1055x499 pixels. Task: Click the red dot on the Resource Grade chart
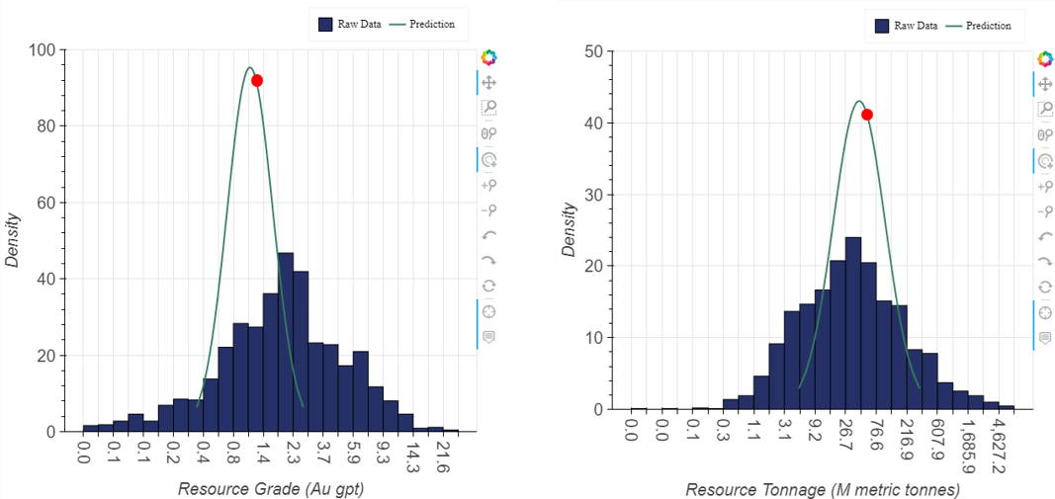click(x=257, y=81)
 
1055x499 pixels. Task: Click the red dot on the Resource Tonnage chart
click(x=867, y=115)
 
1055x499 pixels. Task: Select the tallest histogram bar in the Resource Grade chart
click(x=286, y=342)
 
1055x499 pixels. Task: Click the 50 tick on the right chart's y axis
click(x=595, y=51)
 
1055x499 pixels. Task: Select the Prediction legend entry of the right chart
click(x=985, y=26)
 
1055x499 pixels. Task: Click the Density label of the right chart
click(x=569, y=229)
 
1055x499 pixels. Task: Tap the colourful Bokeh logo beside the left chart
click(x=488, y=59)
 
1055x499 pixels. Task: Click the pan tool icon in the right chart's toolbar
click(x=1045, y=85)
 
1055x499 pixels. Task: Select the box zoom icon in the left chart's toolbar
click(x=488, y=109)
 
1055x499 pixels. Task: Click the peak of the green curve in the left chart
click(x=249, y=67)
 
